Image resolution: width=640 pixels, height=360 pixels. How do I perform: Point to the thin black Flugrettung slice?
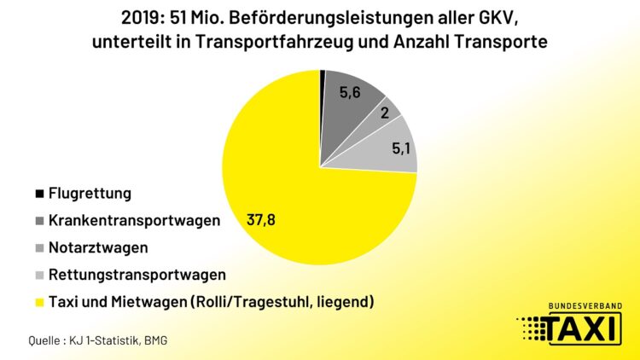323,78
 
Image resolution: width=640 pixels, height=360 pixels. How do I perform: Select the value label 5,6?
351,94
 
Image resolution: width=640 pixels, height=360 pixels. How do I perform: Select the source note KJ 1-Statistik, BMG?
129,340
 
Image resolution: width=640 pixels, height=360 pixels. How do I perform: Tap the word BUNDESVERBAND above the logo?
585,305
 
